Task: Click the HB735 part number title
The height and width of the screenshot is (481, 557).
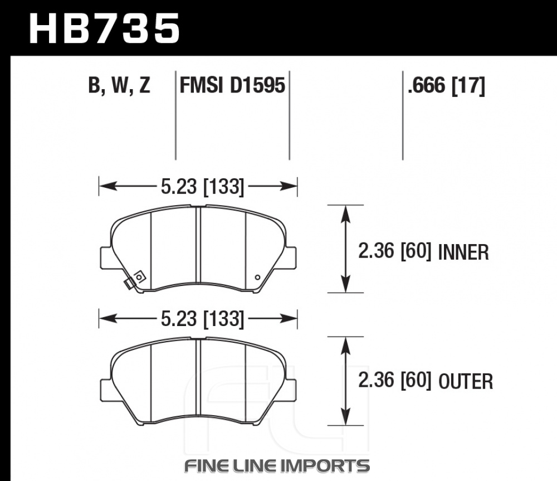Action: pos(105,28)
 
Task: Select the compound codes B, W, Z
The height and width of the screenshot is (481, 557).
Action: pos(119,85)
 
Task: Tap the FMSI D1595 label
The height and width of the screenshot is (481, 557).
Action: pos(232,85)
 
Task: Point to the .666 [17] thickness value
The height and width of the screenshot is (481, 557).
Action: pos(446,86)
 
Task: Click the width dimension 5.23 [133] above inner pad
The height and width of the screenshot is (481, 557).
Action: pos(203,187)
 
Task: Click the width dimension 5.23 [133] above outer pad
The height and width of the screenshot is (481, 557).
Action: pos(203,319)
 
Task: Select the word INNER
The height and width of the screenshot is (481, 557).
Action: pos(463,252)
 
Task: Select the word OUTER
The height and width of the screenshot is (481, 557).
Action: pos(466,381)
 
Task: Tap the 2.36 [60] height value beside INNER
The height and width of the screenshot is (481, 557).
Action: pos(395,251)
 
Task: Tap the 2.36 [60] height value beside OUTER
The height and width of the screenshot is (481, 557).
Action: pos(395,380)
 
